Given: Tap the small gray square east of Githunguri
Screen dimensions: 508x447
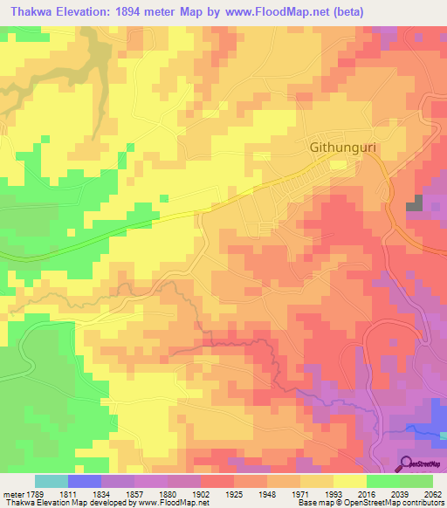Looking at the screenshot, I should point(414,204).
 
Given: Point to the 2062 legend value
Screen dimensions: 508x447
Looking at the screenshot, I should point(433,493).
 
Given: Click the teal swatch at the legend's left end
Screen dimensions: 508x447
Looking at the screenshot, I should point(51,481).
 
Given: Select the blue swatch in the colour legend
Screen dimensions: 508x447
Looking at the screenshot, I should point(84,481).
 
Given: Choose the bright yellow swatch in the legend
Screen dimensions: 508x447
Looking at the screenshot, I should point(350,481).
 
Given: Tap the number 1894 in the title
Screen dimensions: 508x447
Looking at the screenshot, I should point(142,10).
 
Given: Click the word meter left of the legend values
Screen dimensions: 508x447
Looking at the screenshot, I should point(11,493).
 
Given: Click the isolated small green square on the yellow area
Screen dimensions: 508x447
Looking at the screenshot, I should point(163,199).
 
